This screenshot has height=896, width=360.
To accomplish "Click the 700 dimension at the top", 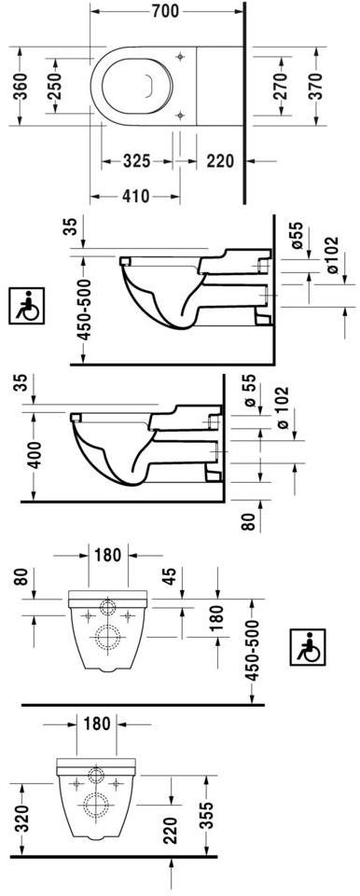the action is tap(165, 11).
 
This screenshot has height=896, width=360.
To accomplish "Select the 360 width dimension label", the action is tap(21, 87).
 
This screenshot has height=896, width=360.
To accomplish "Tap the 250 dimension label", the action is tap(55, 86).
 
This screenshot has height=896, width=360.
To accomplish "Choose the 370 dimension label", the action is tap(316, 86).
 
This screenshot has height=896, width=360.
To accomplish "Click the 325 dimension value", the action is tap(137, 161).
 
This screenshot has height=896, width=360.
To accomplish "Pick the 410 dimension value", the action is tap(135, 197).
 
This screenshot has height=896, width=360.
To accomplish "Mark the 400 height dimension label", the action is tap(35, 455).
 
